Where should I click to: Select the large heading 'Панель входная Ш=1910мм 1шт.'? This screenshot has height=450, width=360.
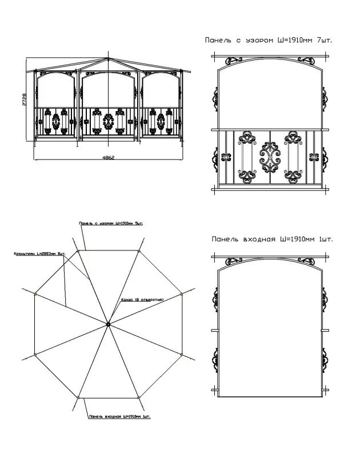pos(271,239)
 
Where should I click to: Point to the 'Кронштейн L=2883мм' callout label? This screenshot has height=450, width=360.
pos(39,252)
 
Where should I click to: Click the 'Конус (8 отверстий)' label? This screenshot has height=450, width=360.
pos(143,300)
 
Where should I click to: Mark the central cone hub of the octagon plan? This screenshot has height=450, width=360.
pos(107,325)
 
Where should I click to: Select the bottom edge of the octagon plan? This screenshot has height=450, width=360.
pos(109,398)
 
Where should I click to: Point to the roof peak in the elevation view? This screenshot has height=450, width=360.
pos(108,58)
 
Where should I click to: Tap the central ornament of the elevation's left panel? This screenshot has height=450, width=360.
pos(56,121)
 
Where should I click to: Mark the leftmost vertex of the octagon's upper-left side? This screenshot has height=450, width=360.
pos(35,294)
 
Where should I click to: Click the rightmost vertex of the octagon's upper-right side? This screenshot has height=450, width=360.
pos(181,294)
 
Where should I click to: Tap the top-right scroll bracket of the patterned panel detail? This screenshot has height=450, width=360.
pos(311,60)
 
